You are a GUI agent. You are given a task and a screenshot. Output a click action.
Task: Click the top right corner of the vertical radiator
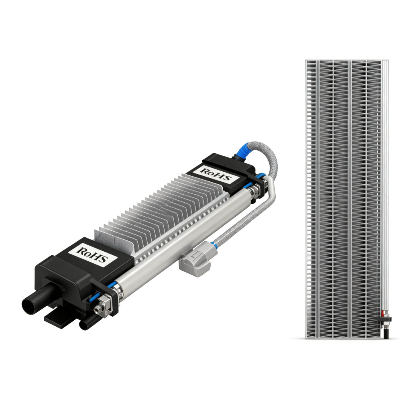388,61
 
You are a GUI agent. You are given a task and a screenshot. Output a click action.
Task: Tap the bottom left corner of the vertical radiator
306,338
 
